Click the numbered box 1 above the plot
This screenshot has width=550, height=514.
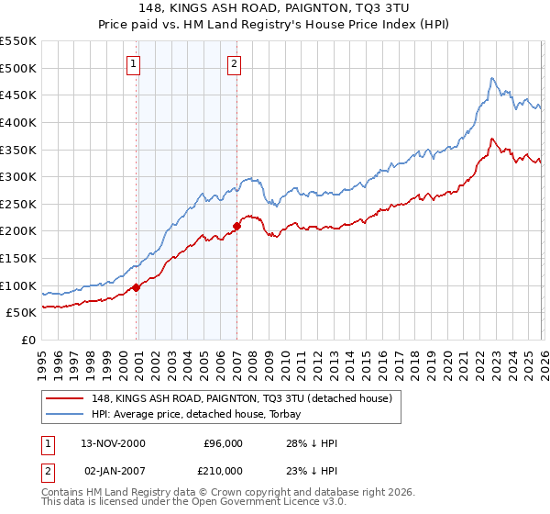click(x=134, y=63)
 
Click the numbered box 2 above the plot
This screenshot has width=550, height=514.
click(x=235, y=63)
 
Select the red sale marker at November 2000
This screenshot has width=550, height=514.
click(x=137, y=287)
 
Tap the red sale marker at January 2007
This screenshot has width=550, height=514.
click(x=236, y=225)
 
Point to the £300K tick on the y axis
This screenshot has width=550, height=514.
click(x=18, y=176)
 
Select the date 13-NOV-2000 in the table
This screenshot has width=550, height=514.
click(x=112, y=442)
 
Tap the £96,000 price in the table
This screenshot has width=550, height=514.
click(x=222, y=442)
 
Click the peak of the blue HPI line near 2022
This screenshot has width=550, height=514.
click(x=492, y=78)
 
